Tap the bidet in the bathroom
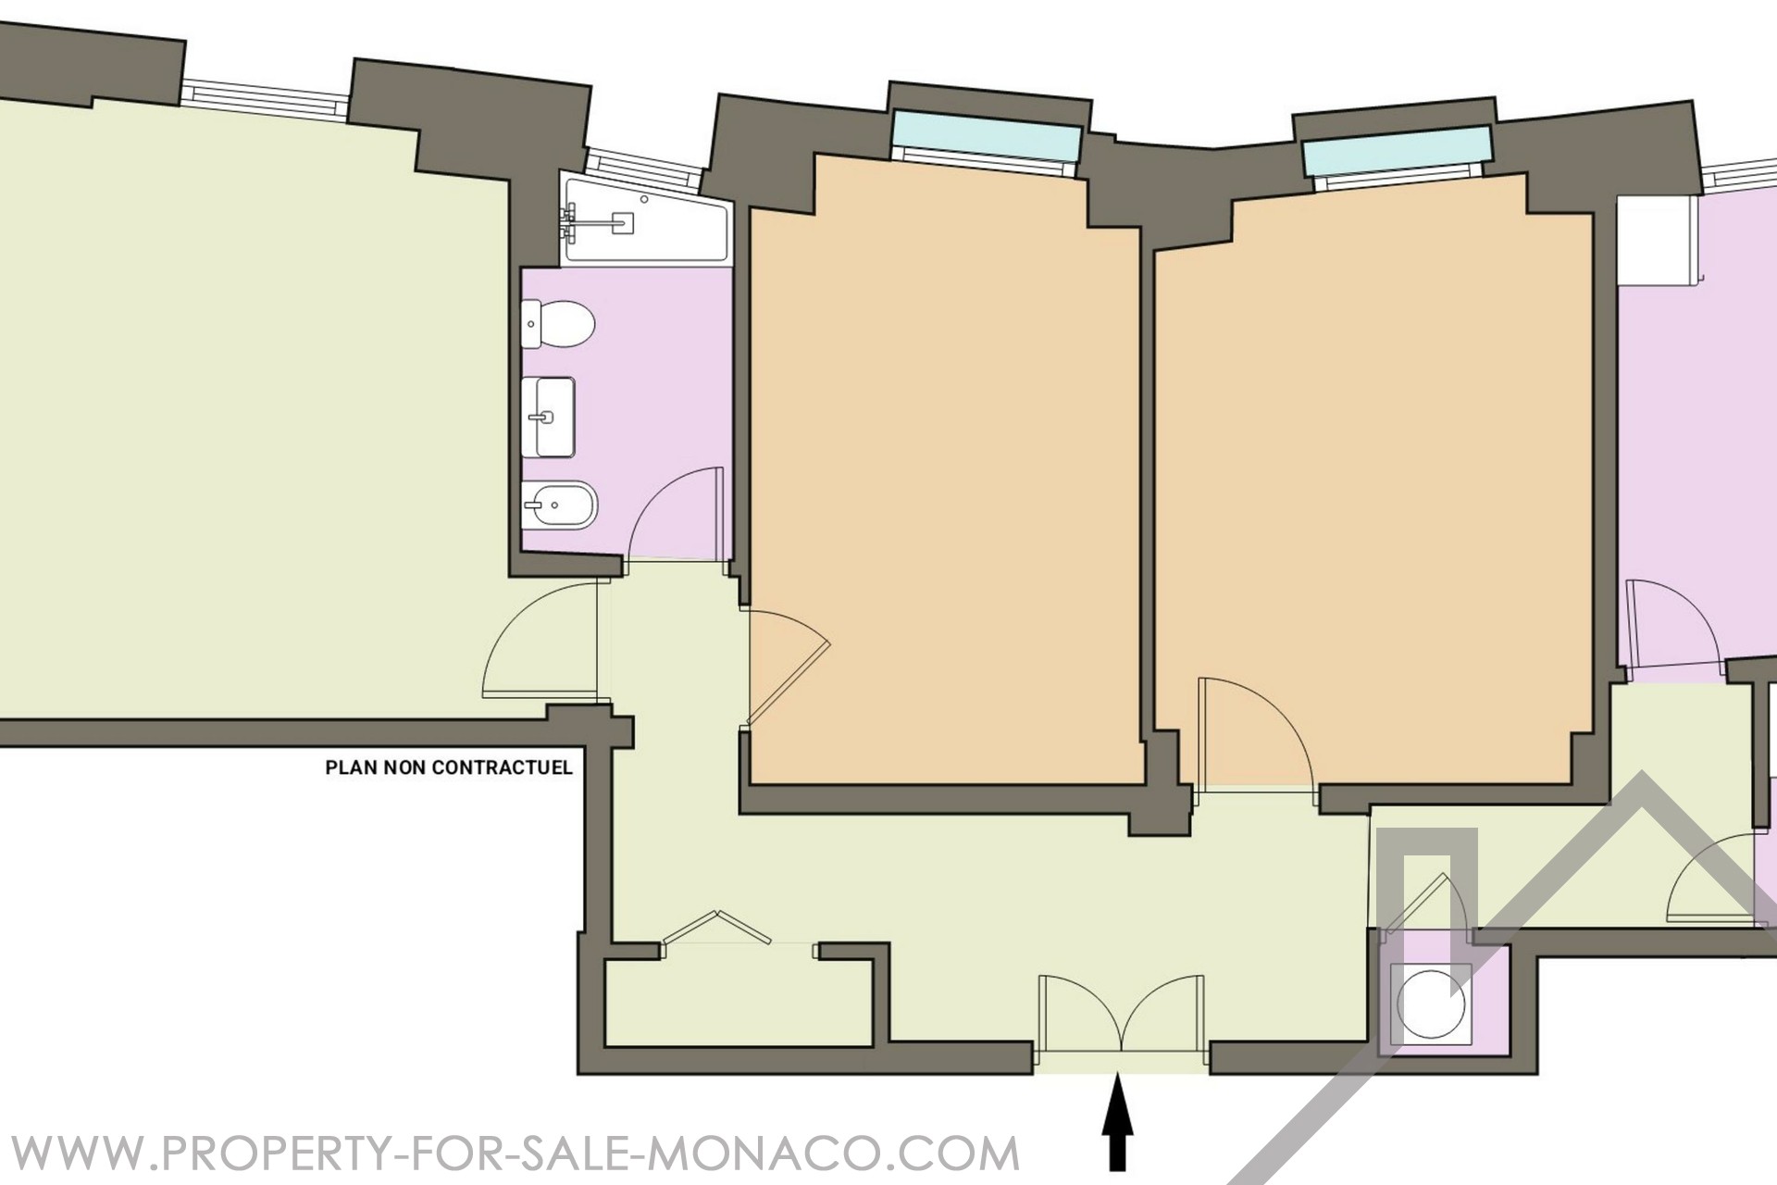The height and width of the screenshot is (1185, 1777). (x=559, y=505)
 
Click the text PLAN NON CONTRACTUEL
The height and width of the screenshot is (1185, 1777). (x=449, y=767)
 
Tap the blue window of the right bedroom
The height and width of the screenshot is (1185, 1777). (x=1397, y=153)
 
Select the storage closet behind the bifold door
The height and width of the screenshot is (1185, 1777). (x=739, y=1004)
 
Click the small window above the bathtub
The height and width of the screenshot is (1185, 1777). (x=643, y=162)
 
